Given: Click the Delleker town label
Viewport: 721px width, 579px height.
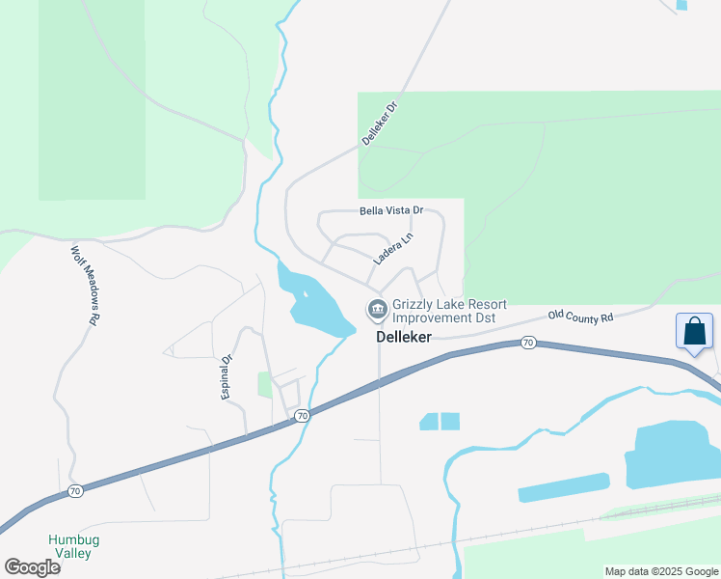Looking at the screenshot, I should [x=403, y=337].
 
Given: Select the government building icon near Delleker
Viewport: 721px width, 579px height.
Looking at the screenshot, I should [x=376, y=310].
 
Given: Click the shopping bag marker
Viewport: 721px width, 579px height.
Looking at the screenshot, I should [x=694, y=332].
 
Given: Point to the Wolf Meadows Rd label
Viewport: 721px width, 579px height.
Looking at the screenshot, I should [x=85, y=284].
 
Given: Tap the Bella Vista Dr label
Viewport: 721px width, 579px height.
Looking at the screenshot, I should [x=391, y=210].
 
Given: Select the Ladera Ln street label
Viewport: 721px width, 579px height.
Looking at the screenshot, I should [x=393, y=249].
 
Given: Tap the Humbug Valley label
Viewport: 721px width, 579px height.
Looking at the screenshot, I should [x=71, y=546].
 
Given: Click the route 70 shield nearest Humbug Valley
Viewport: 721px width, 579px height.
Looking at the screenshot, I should [x=76, y=491].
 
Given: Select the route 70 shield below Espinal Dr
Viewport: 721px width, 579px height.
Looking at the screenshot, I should [x=302, y=416].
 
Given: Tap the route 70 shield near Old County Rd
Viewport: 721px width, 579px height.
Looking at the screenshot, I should [x=527, y=343].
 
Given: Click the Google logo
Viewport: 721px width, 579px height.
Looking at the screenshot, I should [x=32, y=567].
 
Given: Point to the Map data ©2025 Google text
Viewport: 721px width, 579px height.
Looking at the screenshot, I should [x=661, y=571].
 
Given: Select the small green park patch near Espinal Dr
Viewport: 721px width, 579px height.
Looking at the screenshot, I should [x=265, y=385].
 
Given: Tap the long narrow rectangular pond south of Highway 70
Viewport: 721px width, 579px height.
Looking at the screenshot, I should [x=564, y=487].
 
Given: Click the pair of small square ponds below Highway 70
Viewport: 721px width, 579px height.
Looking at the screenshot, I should [x=440, y=422].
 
